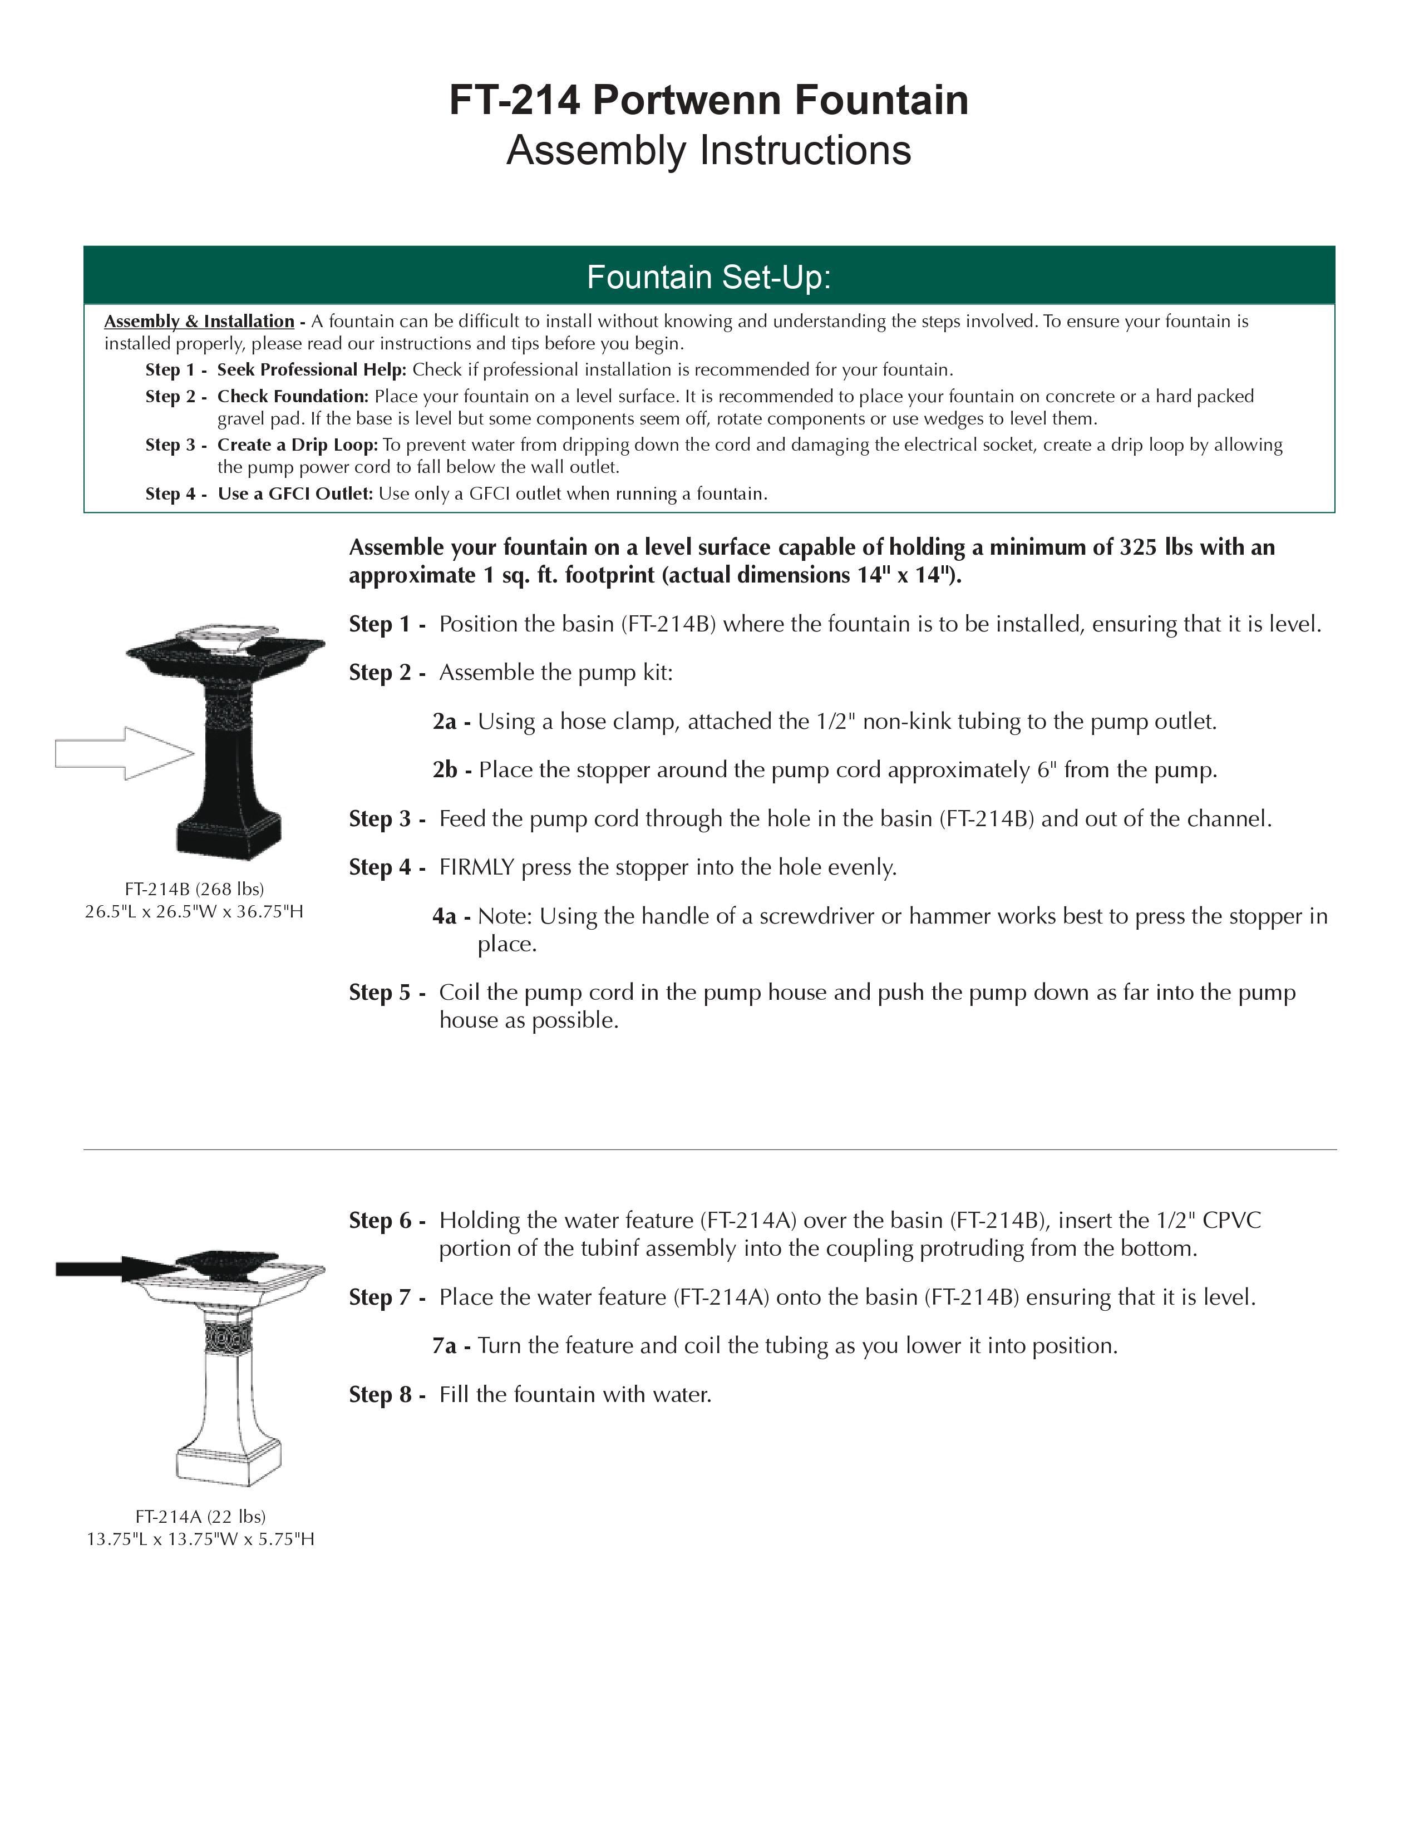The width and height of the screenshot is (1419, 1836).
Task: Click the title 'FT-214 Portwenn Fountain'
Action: (708, 100)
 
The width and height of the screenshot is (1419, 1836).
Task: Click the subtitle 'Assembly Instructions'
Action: (708, 150)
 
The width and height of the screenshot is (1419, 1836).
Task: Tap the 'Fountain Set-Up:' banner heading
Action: (708, 277)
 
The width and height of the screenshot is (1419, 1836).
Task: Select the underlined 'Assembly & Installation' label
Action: (199, 321)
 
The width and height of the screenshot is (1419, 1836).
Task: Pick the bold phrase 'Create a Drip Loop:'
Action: (298, 445)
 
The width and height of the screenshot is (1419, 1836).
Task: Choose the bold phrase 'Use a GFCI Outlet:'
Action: (295, 493)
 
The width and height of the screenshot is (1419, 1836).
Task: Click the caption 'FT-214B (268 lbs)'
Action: (194, 889)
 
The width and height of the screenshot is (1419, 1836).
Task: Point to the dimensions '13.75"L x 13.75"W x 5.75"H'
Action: (200, 1539)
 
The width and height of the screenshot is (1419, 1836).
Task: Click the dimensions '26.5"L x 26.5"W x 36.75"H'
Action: (194, 911)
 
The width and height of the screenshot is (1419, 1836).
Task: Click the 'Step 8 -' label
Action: (387, 1395)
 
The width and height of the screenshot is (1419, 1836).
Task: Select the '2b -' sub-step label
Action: (451, 770)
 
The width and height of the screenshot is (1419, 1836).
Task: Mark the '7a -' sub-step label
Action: (451, 1346)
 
